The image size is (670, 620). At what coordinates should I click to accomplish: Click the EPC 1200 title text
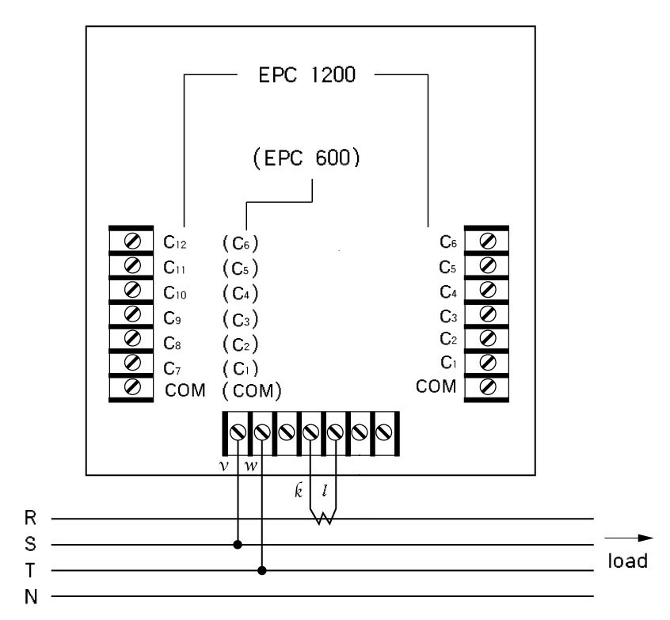coord(306,74)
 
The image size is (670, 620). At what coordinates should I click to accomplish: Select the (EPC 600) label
coord(306,158)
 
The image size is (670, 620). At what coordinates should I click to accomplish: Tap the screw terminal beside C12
coord(132,241)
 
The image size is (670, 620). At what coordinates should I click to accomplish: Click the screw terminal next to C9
coord(132,314)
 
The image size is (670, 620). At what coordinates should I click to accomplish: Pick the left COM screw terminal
coord(132,386)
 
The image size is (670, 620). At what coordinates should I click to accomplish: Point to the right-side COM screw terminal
coord(488,386)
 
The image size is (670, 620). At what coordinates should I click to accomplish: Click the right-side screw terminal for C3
coord(488,314)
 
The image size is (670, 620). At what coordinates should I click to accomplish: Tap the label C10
coord(175,293)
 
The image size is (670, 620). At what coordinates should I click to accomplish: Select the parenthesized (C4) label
coord(241,294)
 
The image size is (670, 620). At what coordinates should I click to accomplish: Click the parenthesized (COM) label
coord(252,391)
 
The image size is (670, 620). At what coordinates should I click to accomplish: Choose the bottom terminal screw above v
coord(238,432)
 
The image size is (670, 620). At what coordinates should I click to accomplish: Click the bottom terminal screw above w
coord(262,432)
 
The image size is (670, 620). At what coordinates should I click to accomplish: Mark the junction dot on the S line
coord(238,545)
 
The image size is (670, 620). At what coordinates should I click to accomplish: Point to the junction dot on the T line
coord(262,570)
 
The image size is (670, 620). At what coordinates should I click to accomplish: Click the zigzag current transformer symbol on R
coord(323,518)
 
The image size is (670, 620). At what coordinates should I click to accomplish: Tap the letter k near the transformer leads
coord(299,490)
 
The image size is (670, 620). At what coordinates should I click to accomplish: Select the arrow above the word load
coord(629,538)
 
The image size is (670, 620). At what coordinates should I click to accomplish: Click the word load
coord(628,561)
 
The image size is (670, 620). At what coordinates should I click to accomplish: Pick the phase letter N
coord(31,596)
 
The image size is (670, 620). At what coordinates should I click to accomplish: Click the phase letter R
coord(30,518)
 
